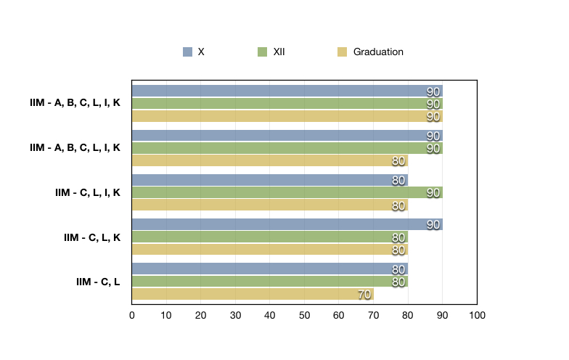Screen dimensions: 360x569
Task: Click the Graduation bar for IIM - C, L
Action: coord(252,294)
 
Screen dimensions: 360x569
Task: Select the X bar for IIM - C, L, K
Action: coord(287,224)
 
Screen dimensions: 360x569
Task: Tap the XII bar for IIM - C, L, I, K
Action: coord(287,192)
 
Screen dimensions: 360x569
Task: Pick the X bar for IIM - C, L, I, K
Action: coord(269,180)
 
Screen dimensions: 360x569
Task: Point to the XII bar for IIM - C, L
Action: coord(269,282)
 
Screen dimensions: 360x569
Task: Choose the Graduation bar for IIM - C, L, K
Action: coord(269,250)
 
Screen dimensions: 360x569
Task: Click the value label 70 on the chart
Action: coord(364,295)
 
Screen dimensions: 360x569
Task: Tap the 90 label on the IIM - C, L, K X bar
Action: coord(433,224)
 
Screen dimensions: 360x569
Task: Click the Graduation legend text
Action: coord(378,52)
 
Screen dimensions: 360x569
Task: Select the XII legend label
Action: coord(279,52)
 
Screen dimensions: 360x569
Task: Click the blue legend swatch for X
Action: coord(188,52)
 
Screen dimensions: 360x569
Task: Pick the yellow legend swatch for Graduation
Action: coord(343,52)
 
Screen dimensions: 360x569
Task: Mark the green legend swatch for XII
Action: coord(263,52)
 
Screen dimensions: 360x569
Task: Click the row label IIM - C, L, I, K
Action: coord(87,192)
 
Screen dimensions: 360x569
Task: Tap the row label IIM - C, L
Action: coord(98,282)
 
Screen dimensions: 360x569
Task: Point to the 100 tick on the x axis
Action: coord(477,315)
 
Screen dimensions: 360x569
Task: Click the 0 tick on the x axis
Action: coord(131,315)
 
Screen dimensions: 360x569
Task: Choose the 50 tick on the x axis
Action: coord(304,315)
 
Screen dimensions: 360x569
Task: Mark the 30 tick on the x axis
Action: coord(235,315)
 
